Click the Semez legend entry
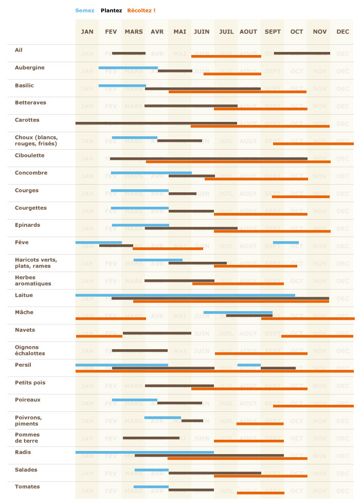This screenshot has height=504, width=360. [85, 10]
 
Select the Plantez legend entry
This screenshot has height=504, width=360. [111, 10]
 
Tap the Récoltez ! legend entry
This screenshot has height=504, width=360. [141, 10]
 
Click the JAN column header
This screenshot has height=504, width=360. [87, 32]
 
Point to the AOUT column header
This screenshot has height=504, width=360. [248, 32]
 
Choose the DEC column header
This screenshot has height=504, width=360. [343, 32]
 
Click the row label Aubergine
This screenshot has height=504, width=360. [30, 68]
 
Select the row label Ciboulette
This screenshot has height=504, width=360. [30, 155]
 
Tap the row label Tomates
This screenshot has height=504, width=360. [27, 487]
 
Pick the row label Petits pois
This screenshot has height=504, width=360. [30, 383]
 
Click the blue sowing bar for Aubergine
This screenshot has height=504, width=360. [128, 68]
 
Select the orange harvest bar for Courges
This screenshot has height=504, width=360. [300, 196]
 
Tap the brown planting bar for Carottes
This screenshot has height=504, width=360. [156, 123]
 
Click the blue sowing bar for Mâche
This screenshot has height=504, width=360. [238, 312]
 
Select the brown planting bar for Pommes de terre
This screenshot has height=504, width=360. [151, 438]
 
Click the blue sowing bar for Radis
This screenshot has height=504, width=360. [145, 452]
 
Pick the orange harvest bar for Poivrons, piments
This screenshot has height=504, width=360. [260, 424]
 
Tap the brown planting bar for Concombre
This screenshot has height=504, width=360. [191, 176]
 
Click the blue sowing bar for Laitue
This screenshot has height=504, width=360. [185, 295]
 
